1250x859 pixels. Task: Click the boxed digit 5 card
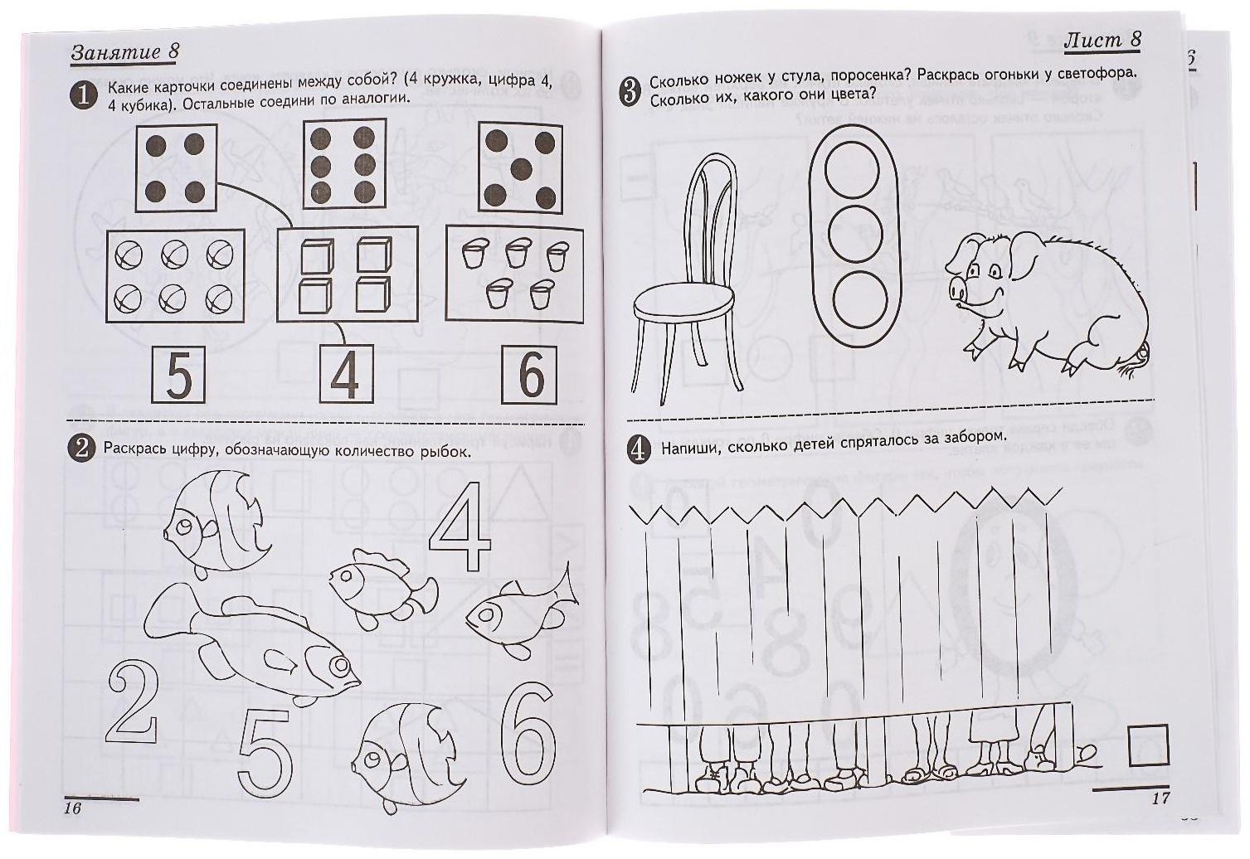coord(178,375)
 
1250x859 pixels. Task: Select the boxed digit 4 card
coord(347,374)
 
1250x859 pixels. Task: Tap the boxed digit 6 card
coord(529,375)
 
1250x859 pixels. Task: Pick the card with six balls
coord(175,276)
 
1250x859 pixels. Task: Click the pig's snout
coord(956,289)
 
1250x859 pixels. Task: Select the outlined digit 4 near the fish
coord(460,527)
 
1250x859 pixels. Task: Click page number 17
coord(1160,798)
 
